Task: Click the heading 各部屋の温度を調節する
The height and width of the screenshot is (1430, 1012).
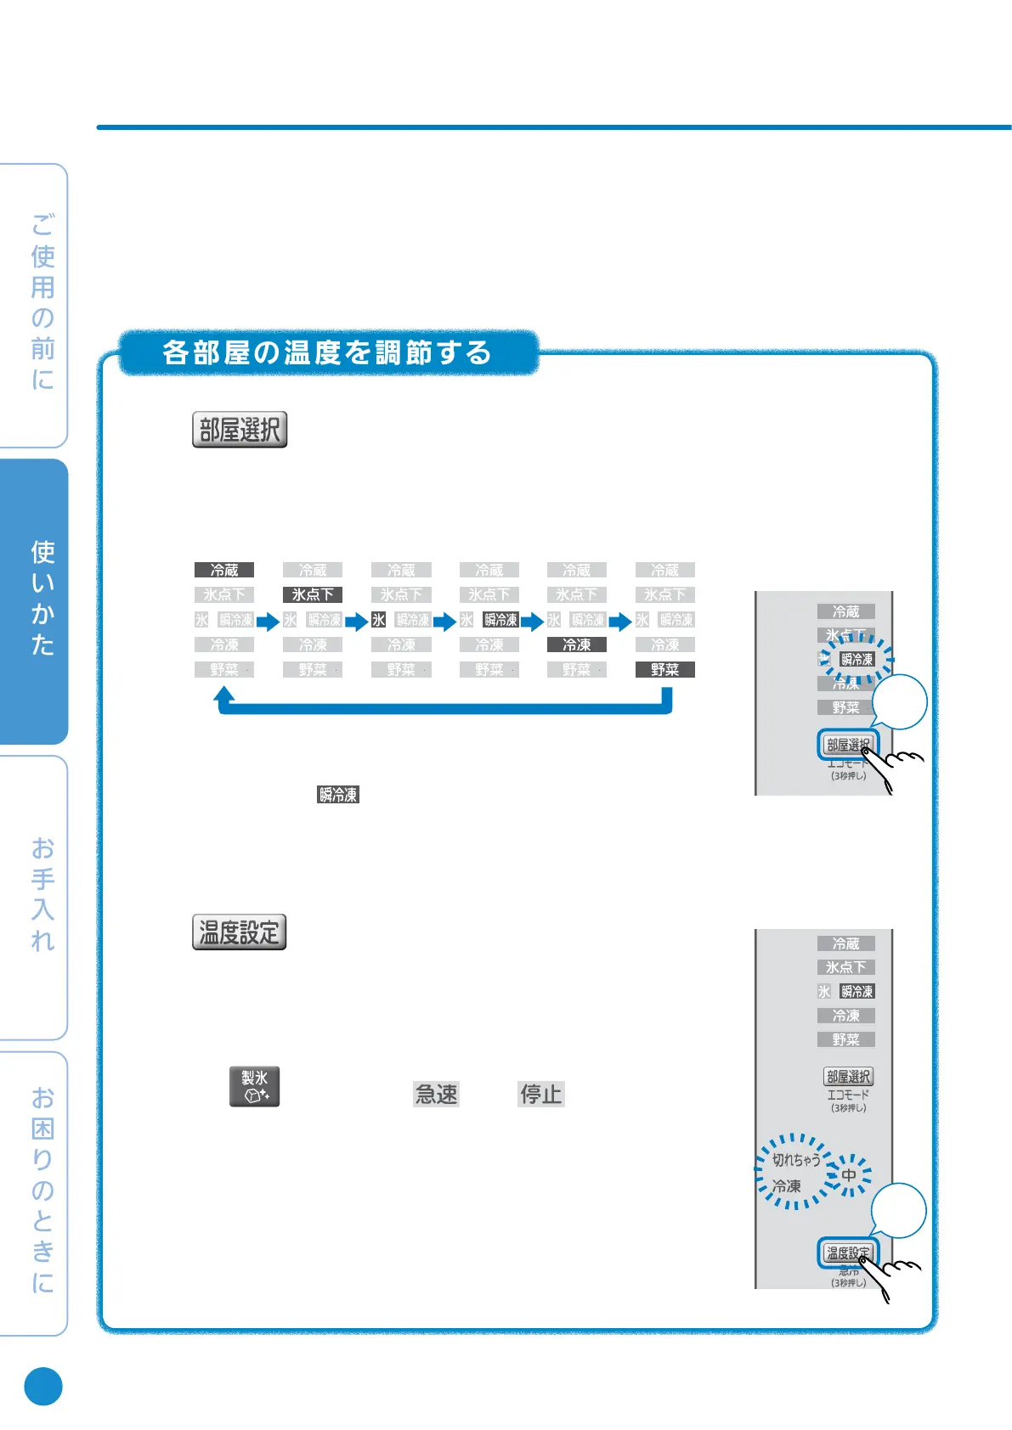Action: coord(327,352)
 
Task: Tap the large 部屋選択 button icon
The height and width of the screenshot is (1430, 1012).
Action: coord(240,430)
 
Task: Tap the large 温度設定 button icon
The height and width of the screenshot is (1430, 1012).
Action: coord(239,932)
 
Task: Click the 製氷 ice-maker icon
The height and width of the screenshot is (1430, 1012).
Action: coord(254,1087)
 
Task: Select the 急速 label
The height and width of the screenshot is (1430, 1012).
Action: coord(436,1094)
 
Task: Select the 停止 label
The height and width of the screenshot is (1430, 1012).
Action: coord(541,1094)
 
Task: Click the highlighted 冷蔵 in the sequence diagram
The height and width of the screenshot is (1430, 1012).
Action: coord(224,570)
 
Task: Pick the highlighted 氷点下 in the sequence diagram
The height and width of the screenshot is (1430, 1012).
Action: coord(313,594)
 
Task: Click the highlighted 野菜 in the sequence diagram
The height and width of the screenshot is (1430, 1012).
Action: coord(664,670)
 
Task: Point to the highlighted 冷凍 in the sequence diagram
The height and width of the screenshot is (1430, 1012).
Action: coord(577,645)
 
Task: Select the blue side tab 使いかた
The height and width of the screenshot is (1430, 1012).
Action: coord(42,599)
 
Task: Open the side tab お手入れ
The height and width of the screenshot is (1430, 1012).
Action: coord(42,895)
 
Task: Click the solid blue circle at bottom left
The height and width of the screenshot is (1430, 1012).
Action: coord(43,1386)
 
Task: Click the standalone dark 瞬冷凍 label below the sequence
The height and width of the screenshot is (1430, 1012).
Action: coord(338,795)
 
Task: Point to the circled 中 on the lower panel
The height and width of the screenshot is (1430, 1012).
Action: coord(849,1175)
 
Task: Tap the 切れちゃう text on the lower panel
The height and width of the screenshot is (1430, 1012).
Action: coord(795,1160)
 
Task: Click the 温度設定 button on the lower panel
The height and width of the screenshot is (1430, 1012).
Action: coord(847,1253)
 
